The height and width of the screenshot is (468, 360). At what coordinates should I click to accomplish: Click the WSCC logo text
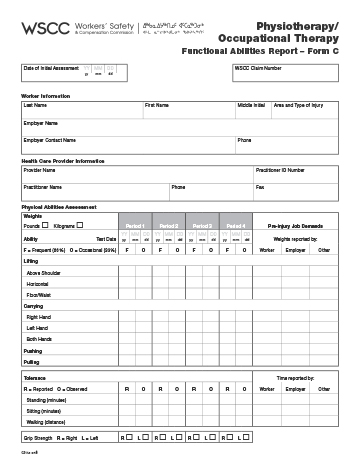44,26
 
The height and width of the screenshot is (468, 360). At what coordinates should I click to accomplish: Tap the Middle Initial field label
252,104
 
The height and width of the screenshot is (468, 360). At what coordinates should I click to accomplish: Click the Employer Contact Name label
50,140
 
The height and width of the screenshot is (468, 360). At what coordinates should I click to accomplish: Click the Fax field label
261,186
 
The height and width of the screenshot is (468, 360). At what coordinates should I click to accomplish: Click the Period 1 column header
136,226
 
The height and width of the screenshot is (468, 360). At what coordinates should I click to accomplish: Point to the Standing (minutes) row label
47,398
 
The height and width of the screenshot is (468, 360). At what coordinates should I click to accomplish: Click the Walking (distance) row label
48,421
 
